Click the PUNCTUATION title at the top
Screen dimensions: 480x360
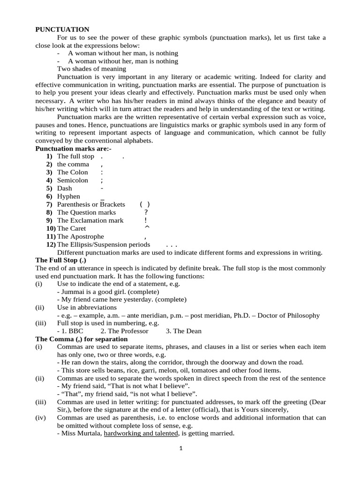[x=62, y=30]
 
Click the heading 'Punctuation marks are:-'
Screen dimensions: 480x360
[x=74, y=148]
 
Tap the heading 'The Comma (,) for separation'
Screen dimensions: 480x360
[x=82, y=339]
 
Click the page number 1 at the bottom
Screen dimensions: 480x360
[x=180, y=448]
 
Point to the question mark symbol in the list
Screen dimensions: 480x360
[x=146, y=212]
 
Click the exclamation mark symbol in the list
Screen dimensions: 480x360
[x=146, y=220]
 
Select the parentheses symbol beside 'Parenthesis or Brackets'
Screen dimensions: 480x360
[x=145, y=204]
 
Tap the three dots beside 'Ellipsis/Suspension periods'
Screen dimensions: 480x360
[x=172, y=245]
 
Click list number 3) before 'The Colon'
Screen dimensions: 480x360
[x=49, y=172]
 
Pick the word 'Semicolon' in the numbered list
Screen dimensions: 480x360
[x=72, y=180]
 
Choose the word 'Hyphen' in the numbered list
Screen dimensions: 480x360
[x=68, y=196]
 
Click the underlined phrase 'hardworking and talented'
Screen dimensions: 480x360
[x=141, y=434]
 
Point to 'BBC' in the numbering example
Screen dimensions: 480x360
[x=75, y=331]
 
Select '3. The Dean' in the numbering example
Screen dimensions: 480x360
[x=183, y=331]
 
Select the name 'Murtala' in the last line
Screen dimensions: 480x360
[x=88, y=434]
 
